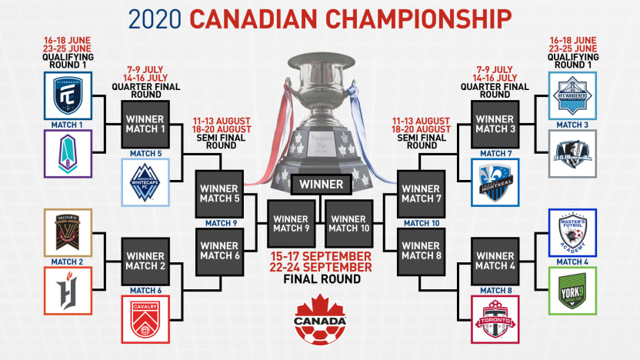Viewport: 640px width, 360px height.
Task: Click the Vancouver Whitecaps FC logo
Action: [144, 183]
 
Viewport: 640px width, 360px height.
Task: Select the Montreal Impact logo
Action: [495, 182]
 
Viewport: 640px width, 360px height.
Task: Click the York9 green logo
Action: [572, 291]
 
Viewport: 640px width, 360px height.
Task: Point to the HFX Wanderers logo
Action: [572, 95]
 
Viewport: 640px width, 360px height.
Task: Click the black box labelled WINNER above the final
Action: [322, 185]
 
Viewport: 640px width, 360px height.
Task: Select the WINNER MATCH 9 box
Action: [292, 224]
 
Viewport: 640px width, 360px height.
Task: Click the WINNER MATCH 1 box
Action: [145, 123]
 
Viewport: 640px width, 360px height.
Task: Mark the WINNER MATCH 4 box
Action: [495, 261]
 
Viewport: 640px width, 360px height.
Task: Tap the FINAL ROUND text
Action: [321, 279]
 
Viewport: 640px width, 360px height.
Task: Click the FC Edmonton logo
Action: [68, 95]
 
